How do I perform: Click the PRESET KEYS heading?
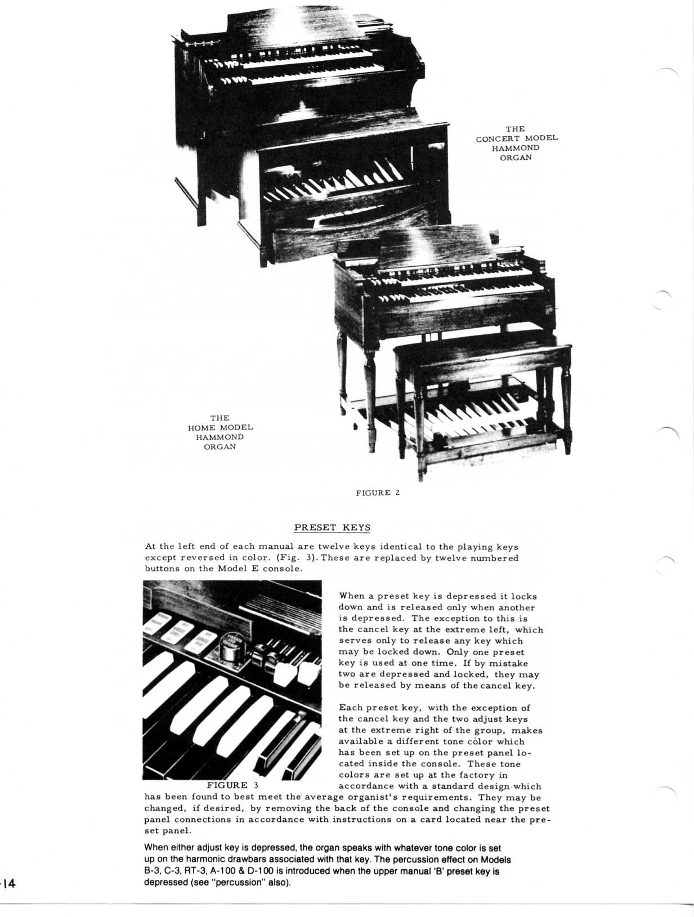[332, 527]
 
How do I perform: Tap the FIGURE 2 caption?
[378, 493]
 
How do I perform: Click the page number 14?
[10, 883]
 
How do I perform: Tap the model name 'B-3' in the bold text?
[153, 871]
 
